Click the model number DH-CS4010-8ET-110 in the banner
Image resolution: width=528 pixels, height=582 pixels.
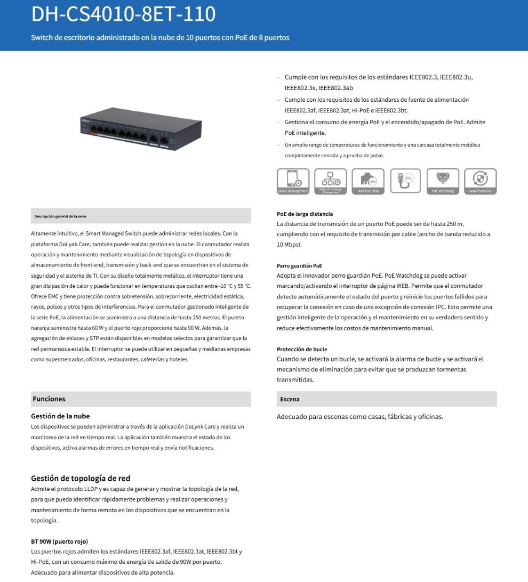[x=123, y=14]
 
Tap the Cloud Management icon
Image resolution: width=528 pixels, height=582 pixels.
[x=293, y=181]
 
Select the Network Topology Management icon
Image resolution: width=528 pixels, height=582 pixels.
[x=331, y=181]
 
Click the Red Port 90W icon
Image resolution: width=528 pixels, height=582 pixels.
[x=368, y=181]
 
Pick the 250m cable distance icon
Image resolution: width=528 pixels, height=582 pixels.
[x=405, y=181]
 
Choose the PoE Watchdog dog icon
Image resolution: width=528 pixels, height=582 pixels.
[x=443, y=181]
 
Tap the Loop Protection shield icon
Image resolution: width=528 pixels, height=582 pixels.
[x=481, y=181]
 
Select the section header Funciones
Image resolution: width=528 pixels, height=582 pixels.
[x=49, y=399]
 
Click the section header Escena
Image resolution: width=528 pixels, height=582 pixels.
[x=290, y=399]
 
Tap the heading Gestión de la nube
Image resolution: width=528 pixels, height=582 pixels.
[x=60, y=416]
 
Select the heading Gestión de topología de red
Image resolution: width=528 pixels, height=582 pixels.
[x=81, y=478]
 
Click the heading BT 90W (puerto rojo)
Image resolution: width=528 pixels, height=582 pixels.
[x=59, y=541]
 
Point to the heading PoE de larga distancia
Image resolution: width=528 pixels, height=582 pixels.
[x=305, y=214]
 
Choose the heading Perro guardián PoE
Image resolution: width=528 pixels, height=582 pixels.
[x=299, y=265]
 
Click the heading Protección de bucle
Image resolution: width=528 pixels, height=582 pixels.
[x=302, y=349]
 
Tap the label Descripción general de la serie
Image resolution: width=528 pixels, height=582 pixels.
[x=60, y=216]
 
